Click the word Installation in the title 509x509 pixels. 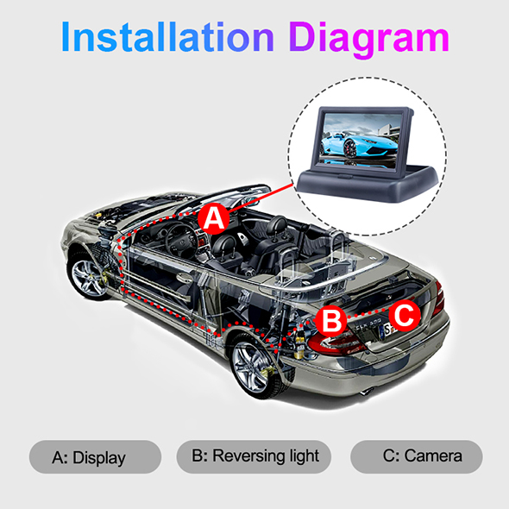tap(167, 36)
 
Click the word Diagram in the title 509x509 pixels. tap(369, 40)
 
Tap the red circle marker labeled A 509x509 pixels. tap(214, 218)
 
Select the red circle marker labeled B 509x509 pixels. tap(330, 320)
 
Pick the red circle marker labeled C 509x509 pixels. tap(405, 315)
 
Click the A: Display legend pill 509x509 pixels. tap(95, 456)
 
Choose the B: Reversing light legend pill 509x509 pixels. tap(254, 456)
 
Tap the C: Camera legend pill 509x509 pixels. tap(417, 456)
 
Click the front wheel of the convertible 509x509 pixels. tap(87, 275)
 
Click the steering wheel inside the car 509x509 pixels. tap(180, 240)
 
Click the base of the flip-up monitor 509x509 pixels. tap(368, 184)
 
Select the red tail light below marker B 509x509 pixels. tap(336, 343)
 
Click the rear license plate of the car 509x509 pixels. tap(388, 330)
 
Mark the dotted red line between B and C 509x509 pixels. tap(368, 313)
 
